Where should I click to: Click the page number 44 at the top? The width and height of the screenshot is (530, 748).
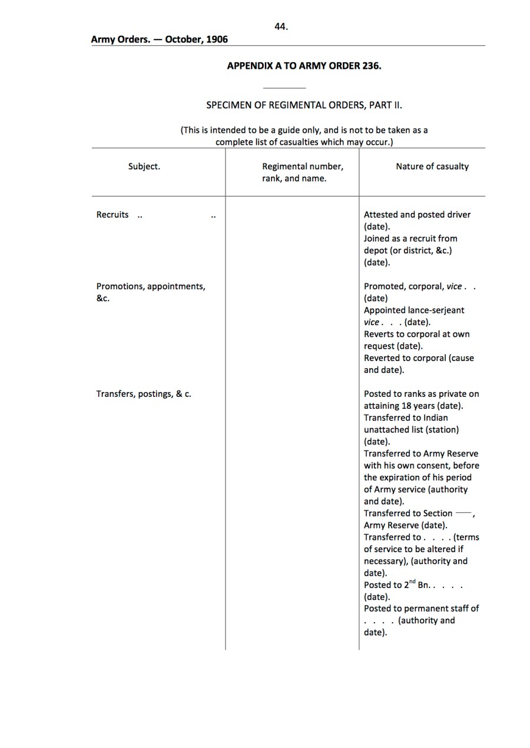click(x=281, y=26)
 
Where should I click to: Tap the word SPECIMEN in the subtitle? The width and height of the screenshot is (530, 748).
click(x=229, y=105)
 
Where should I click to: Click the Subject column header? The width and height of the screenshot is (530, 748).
click(x=144, y=166)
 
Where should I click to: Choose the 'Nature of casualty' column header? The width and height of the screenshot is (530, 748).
click(x=432, y=166)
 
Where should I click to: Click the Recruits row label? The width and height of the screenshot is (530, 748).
click(x=112, y=215)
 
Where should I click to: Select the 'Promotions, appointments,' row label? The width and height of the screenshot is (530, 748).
click(x=151, y=286)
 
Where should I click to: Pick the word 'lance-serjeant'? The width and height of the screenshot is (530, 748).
click(x=436, y=310)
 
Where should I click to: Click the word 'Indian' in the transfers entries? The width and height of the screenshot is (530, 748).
click(x=436, y=418)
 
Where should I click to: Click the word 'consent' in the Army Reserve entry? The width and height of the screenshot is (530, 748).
click(x=433, y=466)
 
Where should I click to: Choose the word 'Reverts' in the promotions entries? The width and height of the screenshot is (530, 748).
click(x=380, y=334)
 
